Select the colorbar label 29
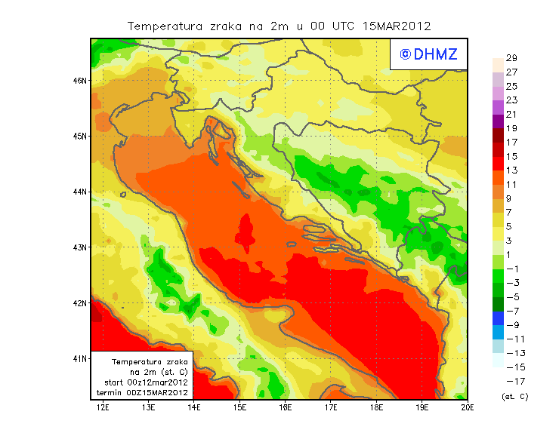point(511,58)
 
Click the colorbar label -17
point(511,381)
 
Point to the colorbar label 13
point(511,170)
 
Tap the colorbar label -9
point(511,325)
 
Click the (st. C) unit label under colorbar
point(514,396)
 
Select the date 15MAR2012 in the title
point(397,26)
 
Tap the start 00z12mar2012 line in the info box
point(146,382)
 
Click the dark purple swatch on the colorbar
point(497,121)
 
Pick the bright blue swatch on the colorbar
point(497,318)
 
